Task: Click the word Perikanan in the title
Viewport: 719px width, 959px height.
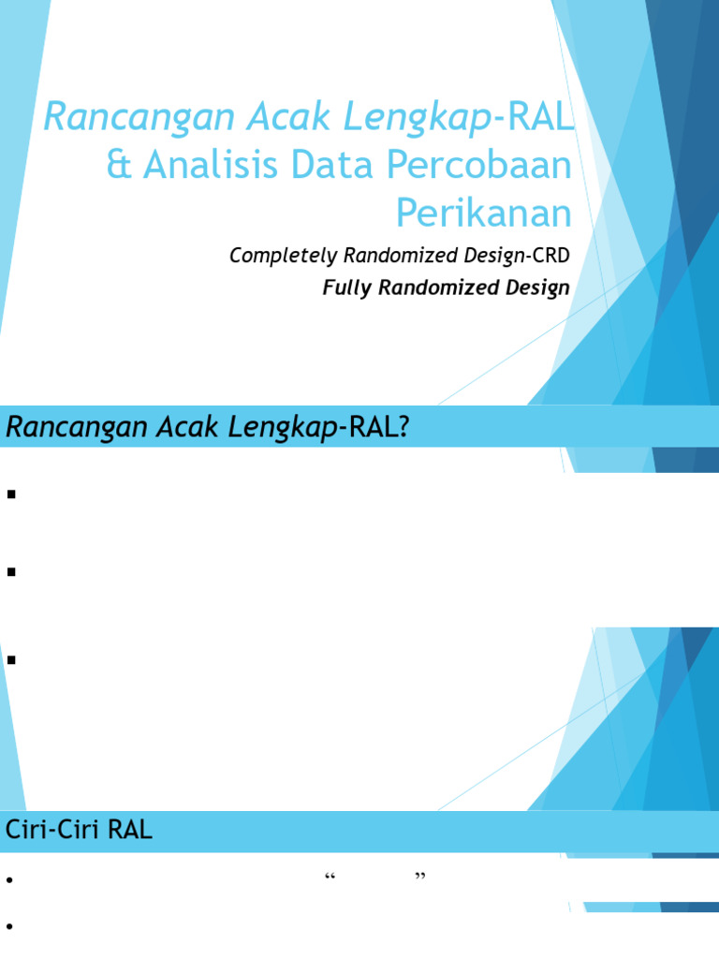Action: click(483, 214)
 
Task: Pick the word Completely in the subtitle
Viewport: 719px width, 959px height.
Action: click(276, 256)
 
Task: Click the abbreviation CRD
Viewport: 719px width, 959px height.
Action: click(550, 256)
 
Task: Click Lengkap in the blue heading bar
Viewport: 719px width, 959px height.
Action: click(285, 427)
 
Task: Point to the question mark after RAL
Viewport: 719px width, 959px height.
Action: click(404, 427)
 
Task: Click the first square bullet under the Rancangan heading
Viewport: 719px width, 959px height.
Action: click(12, 494)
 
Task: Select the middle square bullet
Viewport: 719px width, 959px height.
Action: click(12, 572)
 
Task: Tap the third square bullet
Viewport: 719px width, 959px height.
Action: click(12, 660)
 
